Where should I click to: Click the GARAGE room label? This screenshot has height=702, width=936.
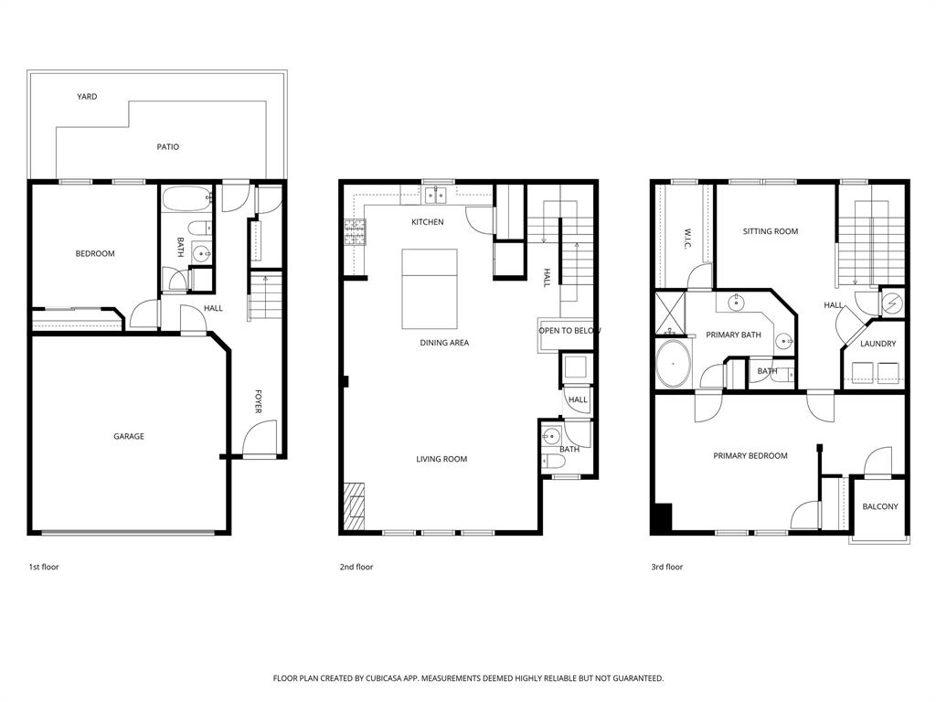[x=128, y=437]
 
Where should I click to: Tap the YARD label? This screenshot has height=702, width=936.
[x=87, y=96]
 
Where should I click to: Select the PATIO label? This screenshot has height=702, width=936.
[x=167, y=146]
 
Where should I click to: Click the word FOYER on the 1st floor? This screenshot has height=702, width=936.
[x=259, y=402]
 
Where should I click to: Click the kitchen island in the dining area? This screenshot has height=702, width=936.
[x=430, y=288]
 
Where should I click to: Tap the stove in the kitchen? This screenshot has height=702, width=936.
[x=354, y=233]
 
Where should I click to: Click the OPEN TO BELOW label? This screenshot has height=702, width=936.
[x=569, y=331]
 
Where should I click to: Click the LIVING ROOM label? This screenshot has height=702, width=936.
[x=441, y=459]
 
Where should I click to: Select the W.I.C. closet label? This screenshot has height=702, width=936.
[x=686, y=239]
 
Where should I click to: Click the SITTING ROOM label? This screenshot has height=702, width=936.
[x=770, y=231]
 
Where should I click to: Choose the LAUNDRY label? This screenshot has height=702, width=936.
[x=877, y=344]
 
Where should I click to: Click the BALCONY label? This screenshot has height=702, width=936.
[x=880, y=506]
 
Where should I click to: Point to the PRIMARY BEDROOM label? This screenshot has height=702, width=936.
[x=750, y=455]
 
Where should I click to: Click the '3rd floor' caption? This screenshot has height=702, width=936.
[x=666, y=567]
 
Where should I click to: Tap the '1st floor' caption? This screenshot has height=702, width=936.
[x=44, y=567]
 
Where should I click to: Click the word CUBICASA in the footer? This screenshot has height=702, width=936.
[x=387, y=678]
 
